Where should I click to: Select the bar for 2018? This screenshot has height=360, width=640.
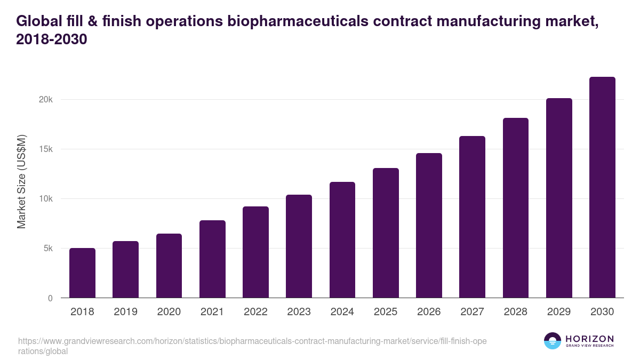tap(82, 273)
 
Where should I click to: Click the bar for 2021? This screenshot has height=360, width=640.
tap(212, 259)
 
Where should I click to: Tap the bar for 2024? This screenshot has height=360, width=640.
tap(342, 240)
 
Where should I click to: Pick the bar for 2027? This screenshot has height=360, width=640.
tap(472, 217)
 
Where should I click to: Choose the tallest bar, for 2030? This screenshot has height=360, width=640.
tap(602, 187)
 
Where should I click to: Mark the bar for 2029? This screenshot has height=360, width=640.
tap(559, 198)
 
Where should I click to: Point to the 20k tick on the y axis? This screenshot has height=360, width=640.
tap(46, 100)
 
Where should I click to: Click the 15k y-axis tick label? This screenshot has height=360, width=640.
tap(46, 149)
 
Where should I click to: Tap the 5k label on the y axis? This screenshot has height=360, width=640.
tap(49, 249)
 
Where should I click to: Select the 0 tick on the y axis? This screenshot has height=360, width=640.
tap(50, 298)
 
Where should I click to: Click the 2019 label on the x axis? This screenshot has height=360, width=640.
tap(125, 312)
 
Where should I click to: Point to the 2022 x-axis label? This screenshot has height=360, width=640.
tap(255, 312)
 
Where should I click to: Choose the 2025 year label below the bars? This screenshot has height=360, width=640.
tap(386, 312)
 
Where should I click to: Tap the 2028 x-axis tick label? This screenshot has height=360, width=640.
tap(515, 312)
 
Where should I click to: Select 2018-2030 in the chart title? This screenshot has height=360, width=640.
tap(51, 39)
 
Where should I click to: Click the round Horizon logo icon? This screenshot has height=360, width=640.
tap(552, 341)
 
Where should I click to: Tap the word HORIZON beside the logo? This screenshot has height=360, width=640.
tap(589, 338)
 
